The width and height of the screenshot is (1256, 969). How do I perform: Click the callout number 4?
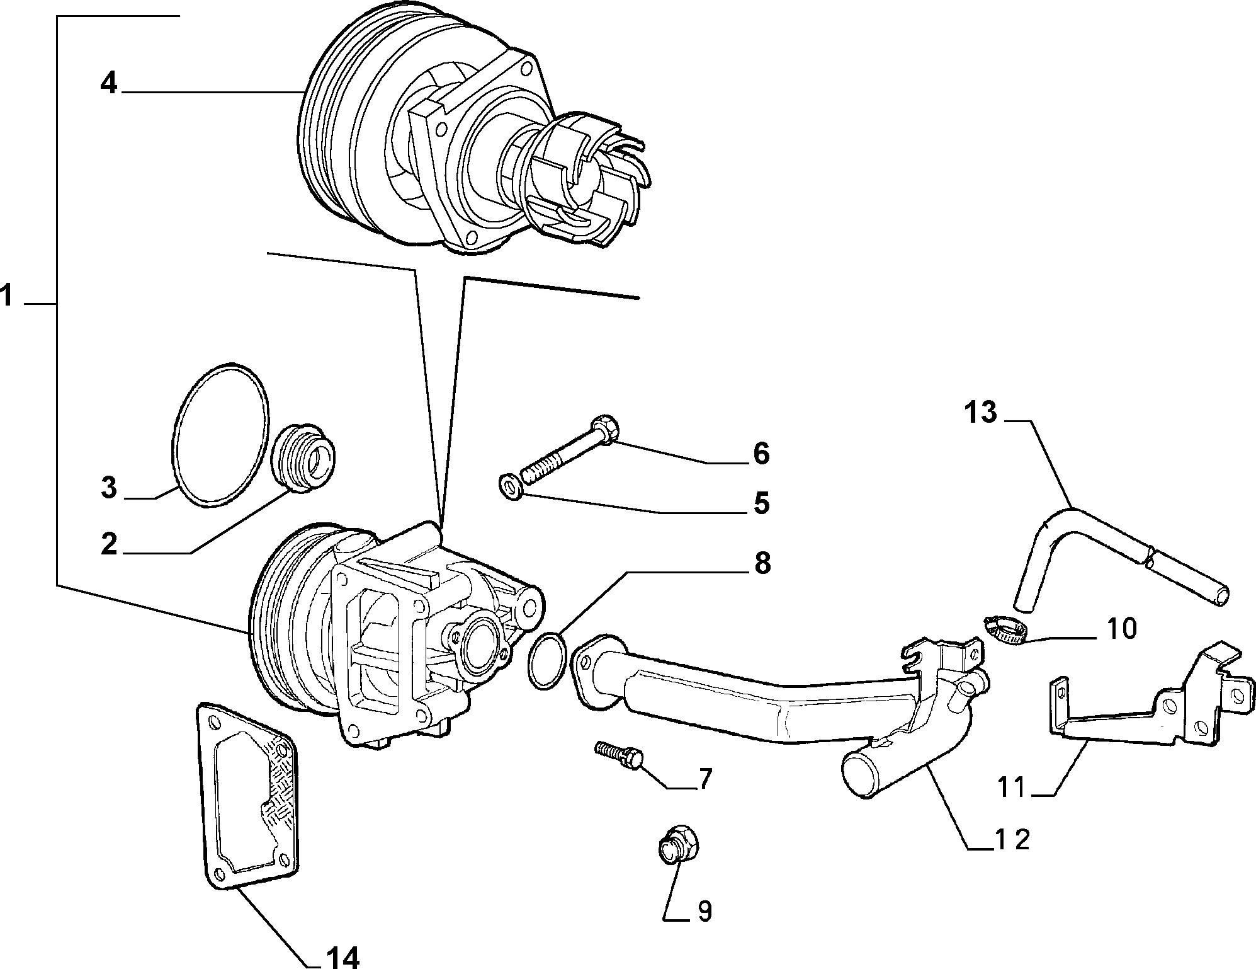coord(109,83)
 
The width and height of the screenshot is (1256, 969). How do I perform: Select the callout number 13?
coord(980,413)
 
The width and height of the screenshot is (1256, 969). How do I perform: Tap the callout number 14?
coord(342,956)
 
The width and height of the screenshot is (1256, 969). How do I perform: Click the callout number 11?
coord(1012,788)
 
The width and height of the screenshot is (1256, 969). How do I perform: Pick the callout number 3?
coord(109,488)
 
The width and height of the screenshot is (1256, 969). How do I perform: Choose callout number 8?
coord(762,563)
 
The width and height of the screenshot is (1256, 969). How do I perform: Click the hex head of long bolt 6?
coord(607,427)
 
